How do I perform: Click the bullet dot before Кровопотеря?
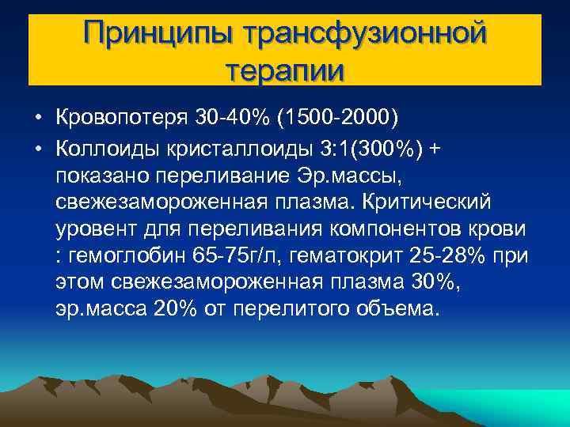(x=38, y=118)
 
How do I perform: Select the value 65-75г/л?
(x=237, y=255)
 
